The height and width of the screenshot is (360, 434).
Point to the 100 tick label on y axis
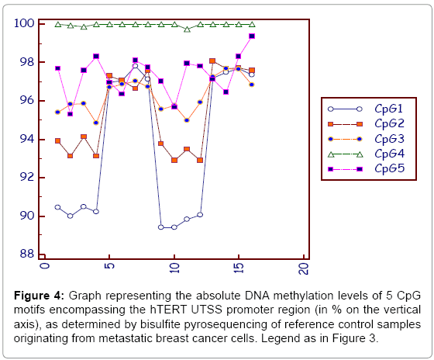pos(24,23)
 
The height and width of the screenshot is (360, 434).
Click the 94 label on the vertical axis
pos(27,139)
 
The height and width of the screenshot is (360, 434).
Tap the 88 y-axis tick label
pos(27,254)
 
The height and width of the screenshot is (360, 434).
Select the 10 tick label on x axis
pos(174,268)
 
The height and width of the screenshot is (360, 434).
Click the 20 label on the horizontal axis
pos(304,268)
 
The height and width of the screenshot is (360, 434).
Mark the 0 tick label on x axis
pos(45,265)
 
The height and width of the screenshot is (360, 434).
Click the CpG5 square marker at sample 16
pos(252,36)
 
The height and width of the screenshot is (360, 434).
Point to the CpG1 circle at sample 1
pos(57,207)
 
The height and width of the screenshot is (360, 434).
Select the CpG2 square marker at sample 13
pos(212,61)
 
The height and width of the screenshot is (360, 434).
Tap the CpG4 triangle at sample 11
pos(187,29)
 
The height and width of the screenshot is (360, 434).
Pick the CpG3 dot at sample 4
pos(96,123)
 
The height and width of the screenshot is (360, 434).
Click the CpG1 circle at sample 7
pos(135,66)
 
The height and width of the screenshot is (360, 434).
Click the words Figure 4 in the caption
pos(39,296)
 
